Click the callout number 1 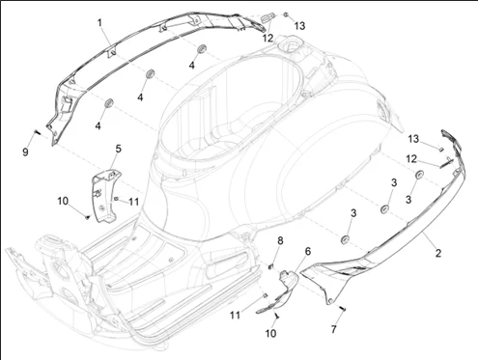pos(99,23)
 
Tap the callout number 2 pos(437,253)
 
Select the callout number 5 pos(119,149)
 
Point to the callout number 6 pos(308,251)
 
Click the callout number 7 pos(333,329)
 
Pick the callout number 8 pos(280,240)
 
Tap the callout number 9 pos(25,152)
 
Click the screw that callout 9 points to pos(37,132)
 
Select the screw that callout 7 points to pos(343,308)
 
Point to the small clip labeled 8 pos(271,266)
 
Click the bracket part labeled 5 pos(105,196)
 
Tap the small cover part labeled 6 pos(279,292)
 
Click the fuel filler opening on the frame pos(289,45)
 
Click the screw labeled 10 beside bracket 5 pos(87,217)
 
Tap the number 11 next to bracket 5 pos(133,202)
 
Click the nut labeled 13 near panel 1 pos(286,14)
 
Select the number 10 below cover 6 pos(270,333)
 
